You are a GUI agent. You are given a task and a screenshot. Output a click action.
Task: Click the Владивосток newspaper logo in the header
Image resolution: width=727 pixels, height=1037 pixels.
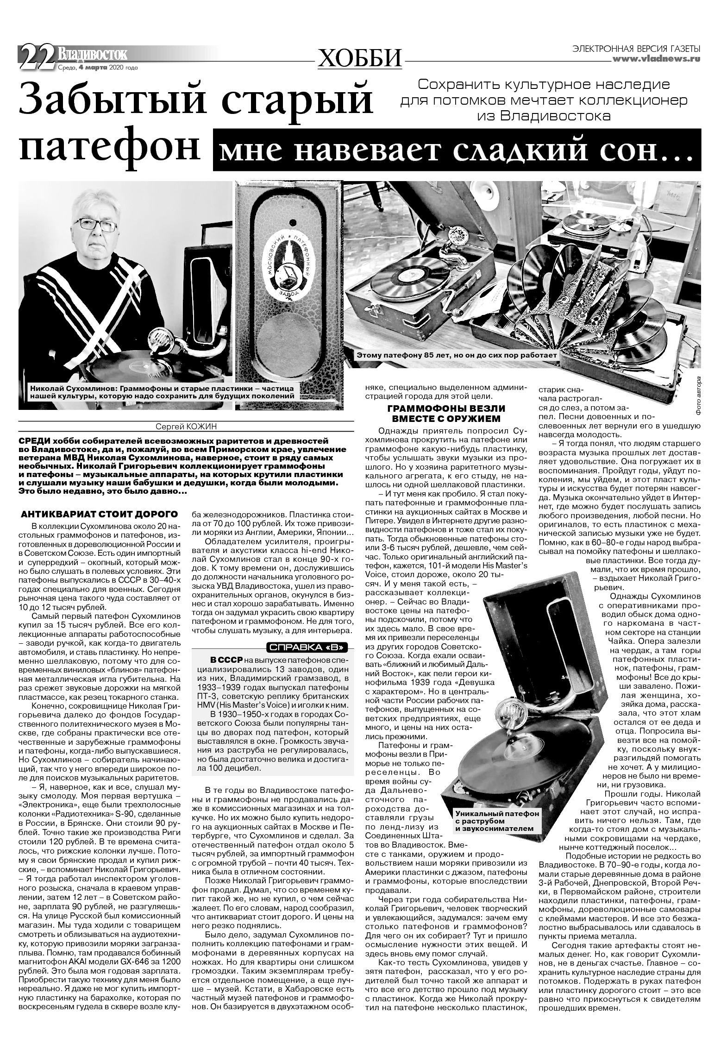[92, 55]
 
